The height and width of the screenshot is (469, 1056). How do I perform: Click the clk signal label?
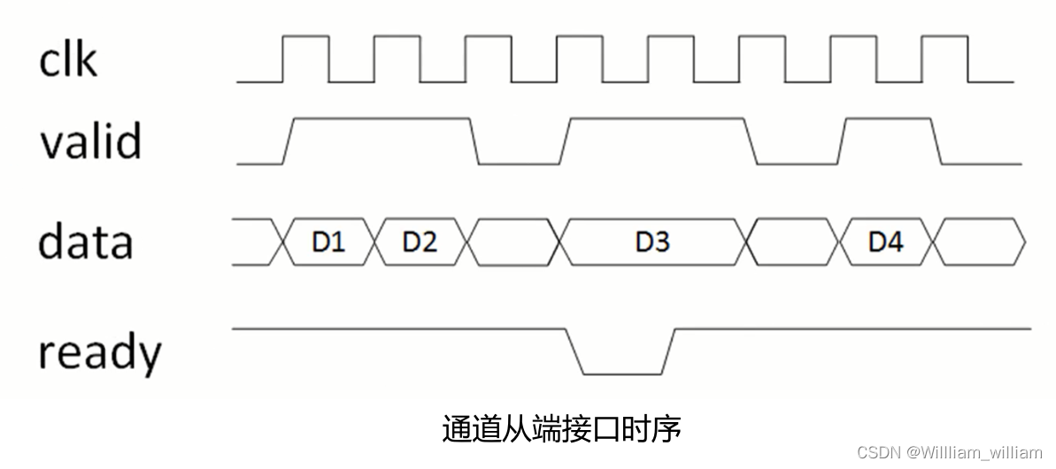pyautogui.click(x=67, y=59)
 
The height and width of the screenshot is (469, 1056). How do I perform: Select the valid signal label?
pyautogui.click(x=89, y=140)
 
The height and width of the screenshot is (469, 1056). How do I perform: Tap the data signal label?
pyautogui.click(x=85, y=242)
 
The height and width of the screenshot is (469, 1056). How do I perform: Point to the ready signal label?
pyautogui.click(x=99, y=353)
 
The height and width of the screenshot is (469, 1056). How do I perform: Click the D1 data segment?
pyautogui.click(x=328, y=242)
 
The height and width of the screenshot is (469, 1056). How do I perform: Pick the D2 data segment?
pyautogui.click(x=420, y=242)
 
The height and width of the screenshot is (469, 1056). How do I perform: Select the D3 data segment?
pyautogui.click(x=652, y=242)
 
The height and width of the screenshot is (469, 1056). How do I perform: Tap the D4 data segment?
pyautogui.click(x=885, y=242)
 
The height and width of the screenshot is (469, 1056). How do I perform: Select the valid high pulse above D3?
pyautogui.click(x=655, y=119)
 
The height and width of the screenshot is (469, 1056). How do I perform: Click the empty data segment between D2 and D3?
pyautogui.click(x=513, y=242)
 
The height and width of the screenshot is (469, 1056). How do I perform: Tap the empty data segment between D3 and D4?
pyautogui.click(x=793, y=242)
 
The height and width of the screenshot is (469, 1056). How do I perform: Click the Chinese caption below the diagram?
pyautogui.click(x=561, y=430)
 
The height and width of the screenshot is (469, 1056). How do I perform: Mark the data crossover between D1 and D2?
pyautogui.click(x=375, y=242)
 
